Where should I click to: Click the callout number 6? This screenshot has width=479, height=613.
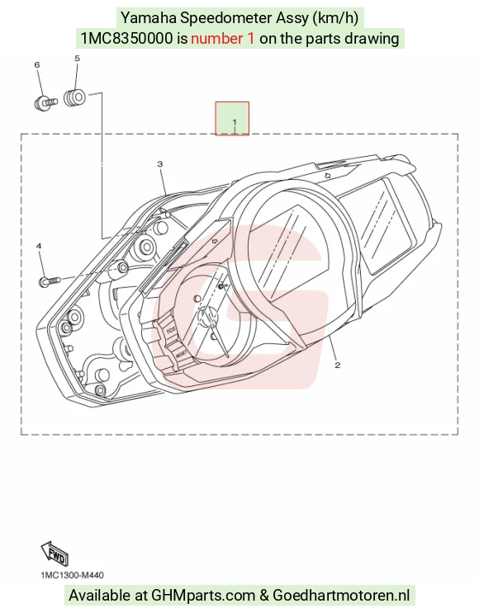pyautogui.click(x=37, y=65)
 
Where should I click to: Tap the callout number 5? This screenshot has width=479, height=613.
pyautogui.click(x=77, y=59)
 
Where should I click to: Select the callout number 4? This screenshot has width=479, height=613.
pyautogui.click(x=39, y=246)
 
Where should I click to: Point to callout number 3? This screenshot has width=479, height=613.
pyautogui.click(x=160, y=164)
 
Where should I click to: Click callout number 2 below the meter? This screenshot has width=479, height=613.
pyautogui.click(x=337, y=365)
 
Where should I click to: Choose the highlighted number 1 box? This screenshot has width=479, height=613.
pyautogui.click(x=232, y=119)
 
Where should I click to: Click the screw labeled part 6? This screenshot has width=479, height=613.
pyautogui.click(x=46, y=103)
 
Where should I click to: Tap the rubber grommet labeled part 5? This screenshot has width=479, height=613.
pyautogui.click(x=74, y=98)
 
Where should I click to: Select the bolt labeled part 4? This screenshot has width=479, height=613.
pyautogui.click(x=50, y=281)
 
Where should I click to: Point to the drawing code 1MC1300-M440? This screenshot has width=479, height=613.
pyautogui.click(x=73, y=575)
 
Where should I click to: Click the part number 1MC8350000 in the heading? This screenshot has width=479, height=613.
pyautogui.click(x=126, y=38)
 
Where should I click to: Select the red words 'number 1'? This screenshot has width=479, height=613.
pyautogui.click(x=223, y=38)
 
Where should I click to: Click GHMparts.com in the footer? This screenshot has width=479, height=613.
pyautogui.click(x=203, y=596)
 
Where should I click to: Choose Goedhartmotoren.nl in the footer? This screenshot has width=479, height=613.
pyautogui.click(x=341, y=596)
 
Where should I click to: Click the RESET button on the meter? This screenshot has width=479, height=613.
pyautogui.click(x=182, y=355)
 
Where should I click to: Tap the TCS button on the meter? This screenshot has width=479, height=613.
pyautogui.click(x=172, y=330)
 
